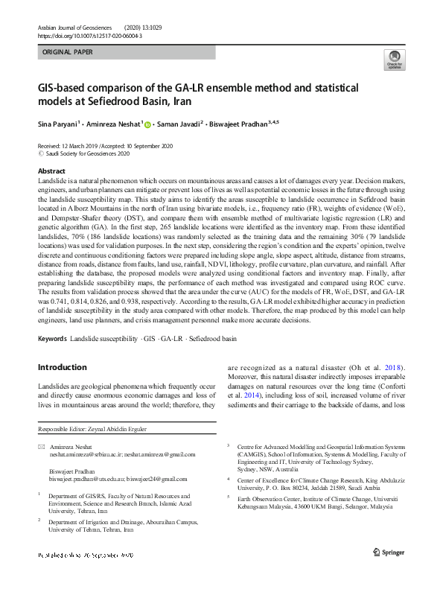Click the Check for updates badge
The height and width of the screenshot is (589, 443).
pos(394,60)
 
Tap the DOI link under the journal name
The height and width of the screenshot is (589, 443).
pos(90,35)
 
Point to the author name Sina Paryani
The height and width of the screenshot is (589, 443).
pos(59,124)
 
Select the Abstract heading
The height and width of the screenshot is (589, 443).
pos(51,171)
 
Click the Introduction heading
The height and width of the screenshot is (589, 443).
pos(63,367)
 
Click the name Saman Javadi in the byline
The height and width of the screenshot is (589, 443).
pos(182,124)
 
